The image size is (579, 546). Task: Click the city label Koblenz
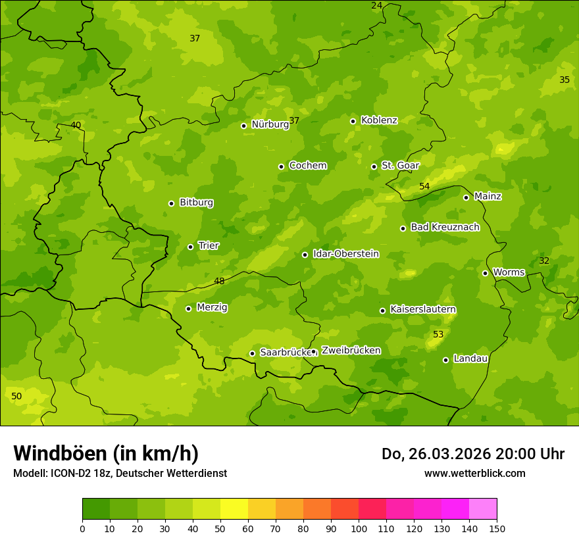[x=379, y=120]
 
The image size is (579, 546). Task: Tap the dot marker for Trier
[x=190, y=247]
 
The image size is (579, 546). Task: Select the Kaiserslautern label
[x=423, y=309]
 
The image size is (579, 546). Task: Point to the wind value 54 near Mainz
[x=424, y=186]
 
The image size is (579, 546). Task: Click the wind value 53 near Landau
[x=438, y=335]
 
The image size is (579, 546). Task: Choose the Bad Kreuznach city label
[x=445, y=227]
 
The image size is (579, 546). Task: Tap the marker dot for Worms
[x=485, y=273]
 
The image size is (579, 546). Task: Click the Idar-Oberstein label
[x=345, y=253]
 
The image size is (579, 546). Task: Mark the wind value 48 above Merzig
[x=219, y=281]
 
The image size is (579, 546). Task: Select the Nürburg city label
[x=270, y=124]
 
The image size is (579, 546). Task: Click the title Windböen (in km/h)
[x=106, y=453]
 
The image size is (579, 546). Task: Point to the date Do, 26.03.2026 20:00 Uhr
[x=472, y=454]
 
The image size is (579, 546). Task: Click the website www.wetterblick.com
[x=474, y=473]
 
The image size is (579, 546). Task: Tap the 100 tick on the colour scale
[x=359, y=528]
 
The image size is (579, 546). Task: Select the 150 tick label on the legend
[x=497, y=528]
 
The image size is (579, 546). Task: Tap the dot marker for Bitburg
[x=171, y=203]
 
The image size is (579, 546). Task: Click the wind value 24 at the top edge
[x=376, y=5]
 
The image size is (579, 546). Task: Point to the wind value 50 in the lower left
[x=16, y=396]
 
